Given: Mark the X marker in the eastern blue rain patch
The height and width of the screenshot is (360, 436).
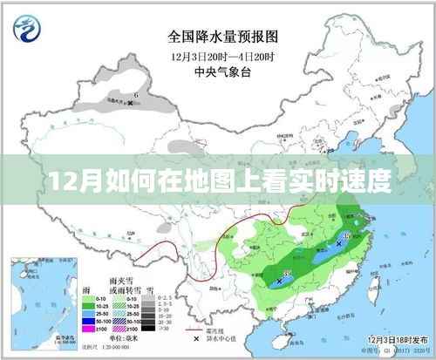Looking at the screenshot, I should click(x=338, y=234).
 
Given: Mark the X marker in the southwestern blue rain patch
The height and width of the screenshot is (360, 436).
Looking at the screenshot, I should click(x=279, y=282).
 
